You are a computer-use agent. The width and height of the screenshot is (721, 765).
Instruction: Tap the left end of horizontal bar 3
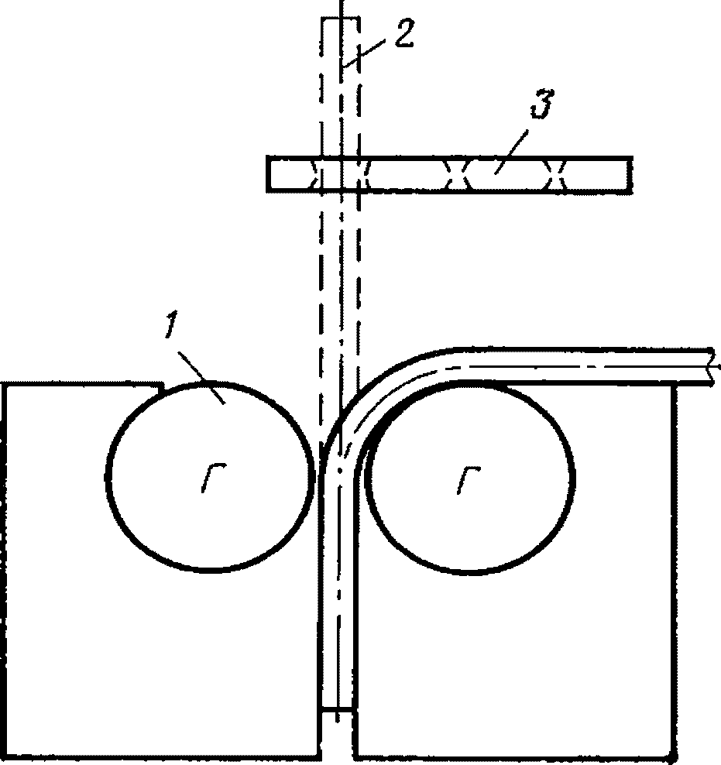pyautogui.click(x=269, y=173)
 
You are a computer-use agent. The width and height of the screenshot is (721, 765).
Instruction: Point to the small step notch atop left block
pyautogui.click(x=158, y=386)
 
